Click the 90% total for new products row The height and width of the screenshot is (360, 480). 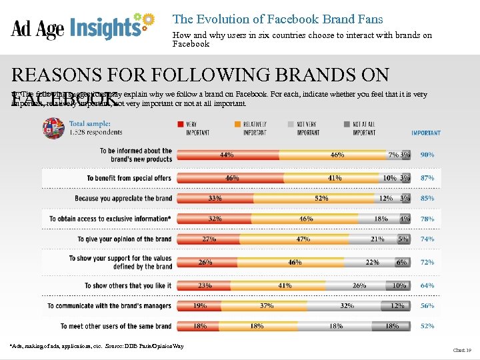click(x=427, y=155)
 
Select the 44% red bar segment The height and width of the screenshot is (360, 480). click(x=227, y=155)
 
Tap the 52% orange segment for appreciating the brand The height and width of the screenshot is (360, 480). click(x=321, y=198)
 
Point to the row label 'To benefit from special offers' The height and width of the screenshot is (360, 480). click(x=129, y=178)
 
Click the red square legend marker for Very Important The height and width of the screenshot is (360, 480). click(x=181, y=123)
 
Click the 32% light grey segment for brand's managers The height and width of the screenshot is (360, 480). click(x=346, y=305)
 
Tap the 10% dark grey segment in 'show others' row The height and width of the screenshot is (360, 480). click(x=398, y=285)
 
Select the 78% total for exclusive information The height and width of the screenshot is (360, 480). click(x=427, y=219)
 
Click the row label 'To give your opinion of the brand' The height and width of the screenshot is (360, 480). click(x=125, y=239)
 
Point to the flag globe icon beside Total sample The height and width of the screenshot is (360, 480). click(x=54, y=127)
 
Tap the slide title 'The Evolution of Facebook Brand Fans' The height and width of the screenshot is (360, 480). click(x=277, y=19)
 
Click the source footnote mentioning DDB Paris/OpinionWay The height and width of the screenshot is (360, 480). click(x=97, y=346)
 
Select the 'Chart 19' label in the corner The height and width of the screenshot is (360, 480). click(x=461, y=350)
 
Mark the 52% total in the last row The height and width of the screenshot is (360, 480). click(x=427, y=326)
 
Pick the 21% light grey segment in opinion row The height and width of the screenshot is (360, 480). click(x=377, y=239)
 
